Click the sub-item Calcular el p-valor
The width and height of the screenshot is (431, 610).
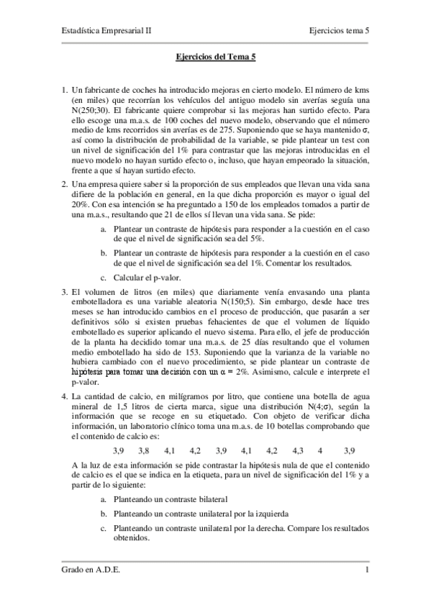154,278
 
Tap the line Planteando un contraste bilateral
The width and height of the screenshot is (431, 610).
170,499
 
